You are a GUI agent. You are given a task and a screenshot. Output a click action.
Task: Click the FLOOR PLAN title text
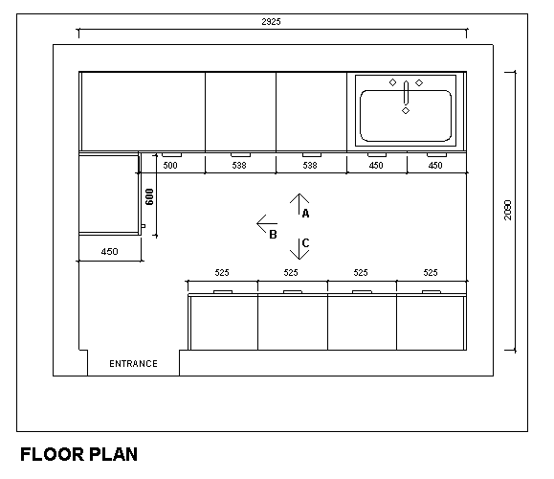pyautogui.click(x=78, y=454)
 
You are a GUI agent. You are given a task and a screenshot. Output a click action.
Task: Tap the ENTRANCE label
pyautogui.click(x=133, y=364)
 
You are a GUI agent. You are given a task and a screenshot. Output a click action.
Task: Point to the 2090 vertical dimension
pyautogui.click(x=508, y=210)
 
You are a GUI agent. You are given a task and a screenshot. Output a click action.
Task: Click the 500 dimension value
pyautogui.click(x=170, y=166)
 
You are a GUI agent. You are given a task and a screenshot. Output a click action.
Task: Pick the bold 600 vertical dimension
pyautogui.click(x=149, y=197)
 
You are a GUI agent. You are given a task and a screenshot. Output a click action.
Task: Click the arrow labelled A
pyautogui.click(x=298, y=204)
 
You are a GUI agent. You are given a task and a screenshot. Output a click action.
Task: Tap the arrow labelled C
pyautogui.click(x=298, y=248)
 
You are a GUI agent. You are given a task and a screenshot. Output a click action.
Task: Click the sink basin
pyautogui.click(x=406, y=115)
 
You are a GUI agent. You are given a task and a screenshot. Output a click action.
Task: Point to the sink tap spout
pyautogui.click(x=406, y=94)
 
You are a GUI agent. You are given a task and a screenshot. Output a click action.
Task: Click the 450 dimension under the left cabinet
pyautogui.click(x=109, y=252)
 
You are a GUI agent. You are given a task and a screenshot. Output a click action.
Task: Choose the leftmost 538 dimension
pyautogui.click(x=240, y=166)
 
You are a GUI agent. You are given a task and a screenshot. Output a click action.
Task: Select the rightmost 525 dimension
pyautogui.click(x=431, y=273)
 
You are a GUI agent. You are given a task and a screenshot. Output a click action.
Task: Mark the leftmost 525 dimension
pyautogui.click(x=221, y=273)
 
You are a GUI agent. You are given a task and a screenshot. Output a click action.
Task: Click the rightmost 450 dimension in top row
pyautogui.click(x=435, y=166)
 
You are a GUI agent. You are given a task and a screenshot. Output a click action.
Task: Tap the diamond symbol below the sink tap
pyautogui.click(x=406, y=112)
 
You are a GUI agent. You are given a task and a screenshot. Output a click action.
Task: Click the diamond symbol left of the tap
pyautogui.click(x=392, y=83)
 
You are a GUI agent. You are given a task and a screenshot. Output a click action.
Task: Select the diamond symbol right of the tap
pyautogui.click(x=419, y=83)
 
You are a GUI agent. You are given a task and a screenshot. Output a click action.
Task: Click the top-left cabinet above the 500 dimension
pyautogui.click(x=143, y=111)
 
